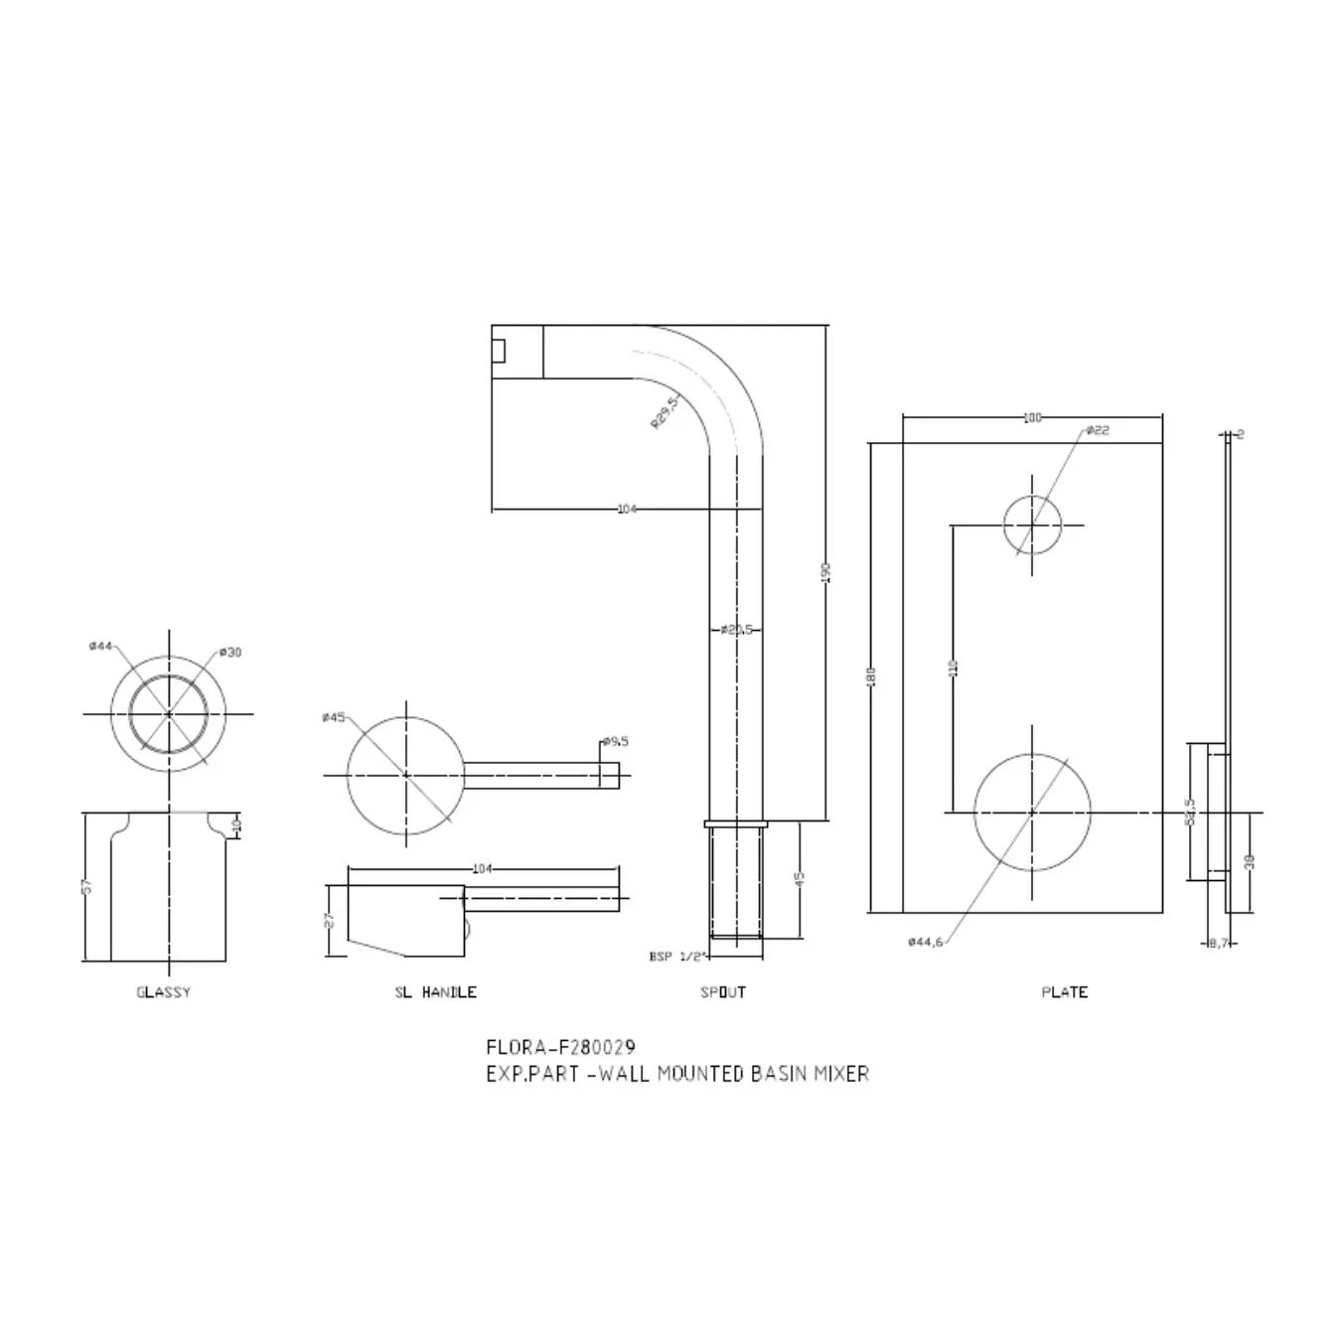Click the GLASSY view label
163,992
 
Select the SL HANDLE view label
435,992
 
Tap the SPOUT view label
723,992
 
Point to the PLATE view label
1064,992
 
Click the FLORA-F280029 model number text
560,1047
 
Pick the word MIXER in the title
841,1074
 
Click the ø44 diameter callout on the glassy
99,646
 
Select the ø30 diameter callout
230,653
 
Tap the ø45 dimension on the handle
333,717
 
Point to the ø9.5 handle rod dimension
616,741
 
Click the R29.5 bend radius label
664,412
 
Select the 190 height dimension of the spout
825,573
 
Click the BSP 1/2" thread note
676,957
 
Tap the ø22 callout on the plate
1097,430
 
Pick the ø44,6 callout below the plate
925,942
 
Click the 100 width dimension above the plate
1032,418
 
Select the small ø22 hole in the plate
1032,524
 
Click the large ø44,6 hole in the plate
1032,812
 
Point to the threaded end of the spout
736,882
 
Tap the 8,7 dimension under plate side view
1219,943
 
